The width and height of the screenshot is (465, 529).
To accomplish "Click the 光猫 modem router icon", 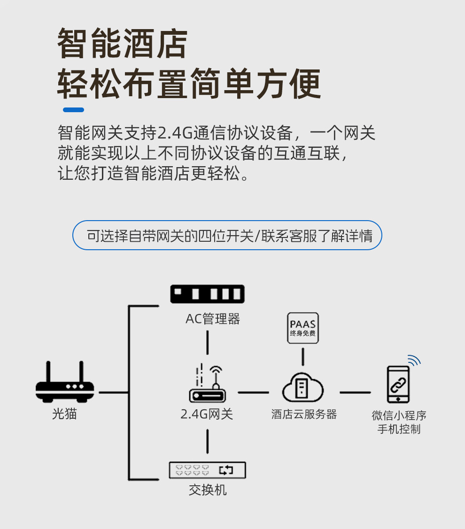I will tap(65, 385).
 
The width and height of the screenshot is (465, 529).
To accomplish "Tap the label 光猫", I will tap(65, 414).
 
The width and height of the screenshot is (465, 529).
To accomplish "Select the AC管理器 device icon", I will tap(207, 294).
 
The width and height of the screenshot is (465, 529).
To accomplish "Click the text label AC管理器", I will tap(213, 320).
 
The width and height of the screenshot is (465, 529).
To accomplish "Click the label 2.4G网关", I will tap(207, 414).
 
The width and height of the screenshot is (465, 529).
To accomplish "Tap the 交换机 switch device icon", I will tap(207, 470).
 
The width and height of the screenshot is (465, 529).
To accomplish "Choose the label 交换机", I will tap(208, 491).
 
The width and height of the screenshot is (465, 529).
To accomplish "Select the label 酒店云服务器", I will tap(304, 414).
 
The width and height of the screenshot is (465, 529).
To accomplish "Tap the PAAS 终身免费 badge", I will tap(303, 328).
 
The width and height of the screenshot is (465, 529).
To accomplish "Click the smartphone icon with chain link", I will tap(398, 384).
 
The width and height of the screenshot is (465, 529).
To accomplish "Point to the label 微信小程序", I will tap(399, 415).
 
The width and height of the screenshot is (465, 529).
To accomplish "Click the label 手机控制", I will tap(399, 429).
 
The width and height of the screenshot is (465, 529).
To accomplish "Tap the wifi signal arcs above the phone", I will tap(413, 360).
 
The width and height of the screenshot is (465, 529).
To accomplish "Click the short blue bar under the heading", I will tap(74, 110).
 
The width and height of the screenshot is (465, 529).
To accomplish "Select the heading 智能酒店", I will tap(122, 44).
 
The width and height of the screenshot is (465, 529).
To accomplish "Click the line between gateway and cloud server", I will tap(253, 392).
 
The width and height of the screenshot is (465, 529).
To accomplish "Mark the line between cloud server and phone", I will tap(355, 392).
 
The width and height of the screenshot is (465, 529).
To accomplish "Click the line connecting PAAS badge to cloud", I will tap(303, 357).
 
